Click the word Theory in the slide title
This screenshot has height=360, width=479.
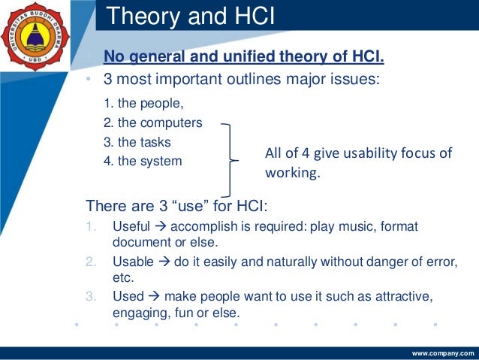[x=137, y=15]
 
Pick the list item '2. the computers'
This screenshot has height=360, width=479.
[x=152, y=123]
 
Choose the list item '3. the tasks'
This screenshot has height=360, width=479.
[x=137, y=141]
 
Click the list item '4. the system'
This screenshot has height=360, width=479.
[x=142, y=160]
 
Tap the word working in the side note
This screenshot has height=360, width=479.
[x=292, y=173]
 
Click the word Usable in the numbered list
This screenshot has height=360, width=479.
[x=132, y=262]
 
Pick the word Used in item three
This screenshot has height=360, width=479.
[x=127, y=297]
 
